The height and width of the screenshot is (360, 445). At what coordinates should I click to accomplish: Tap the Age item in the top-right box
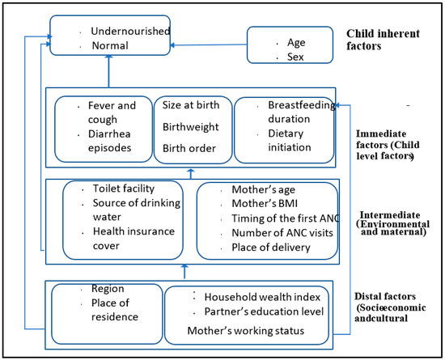297,42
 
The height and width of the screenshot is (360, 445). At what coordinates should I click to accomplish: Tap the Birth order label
189,148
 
